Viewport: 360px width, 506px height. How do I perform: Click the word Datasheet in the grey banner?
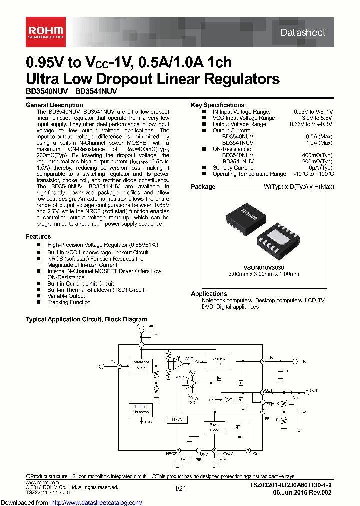[x=302, y=33]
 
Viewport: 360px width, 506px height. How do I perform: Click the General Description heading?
[x=54, y=105]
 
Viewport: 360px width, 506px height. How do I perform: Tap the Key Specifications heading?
[x=218, y=105]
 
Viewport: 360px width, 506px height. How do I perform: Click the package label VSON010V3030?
[x=264, y=268]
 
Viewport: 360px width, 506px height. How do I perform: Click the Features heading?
[x=38, y=236]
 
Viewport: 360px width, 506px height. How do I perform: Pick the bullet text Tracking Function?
[x=69, y=302]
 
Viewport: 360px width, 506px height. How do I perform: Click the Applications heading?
[x=209, y=294]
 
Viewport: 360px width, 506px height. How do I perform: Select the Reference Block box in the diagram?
[x=141, y=366]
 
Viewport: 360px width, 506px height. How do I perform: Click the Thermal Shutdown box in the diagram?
[x=141, y=409]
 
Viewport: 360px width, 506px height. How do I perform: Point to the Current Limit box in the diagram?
[x=219, y=361]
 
